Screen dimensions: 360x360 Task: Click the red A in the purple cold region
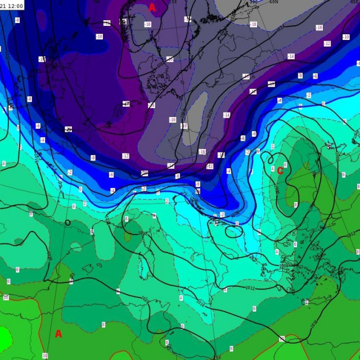(152, 7)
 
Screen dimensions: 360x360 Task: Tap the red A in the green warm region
(58, 334)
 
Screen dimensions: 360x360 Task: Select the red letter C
(280, 171)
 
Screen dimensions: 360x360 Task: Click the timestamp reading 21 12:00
(12, 5)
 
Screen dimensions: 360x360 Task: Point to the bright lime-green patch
(4, 337)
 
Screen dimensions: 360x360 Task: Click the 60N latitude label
(274, 2)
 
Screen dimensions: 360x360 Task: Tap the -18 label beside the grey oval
(184, 125)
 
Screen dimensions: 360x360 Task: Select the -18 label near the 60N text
(253, 24)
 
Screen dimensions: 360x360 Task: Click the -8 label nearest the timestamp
(17, 20)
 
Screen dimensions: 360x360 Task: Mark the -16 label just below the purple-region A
(148, 24)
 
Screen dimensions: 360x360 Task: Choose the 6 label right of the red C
(286, 165)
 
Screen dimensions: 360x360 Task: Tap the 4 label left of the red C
(272, 169)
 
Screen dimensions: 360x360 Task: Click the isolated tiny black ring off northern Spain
(67, 222)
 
